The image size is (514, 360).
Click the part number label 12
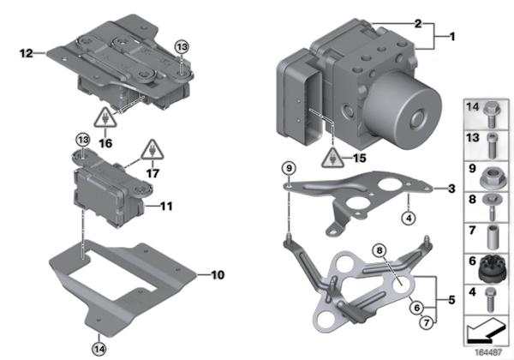(25, 53)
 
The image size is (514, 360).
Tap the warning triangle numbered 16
(104, 118)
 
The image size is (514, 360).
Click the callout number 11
(166, 206)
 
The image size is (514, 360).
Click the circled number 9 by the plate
(289, 167)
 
